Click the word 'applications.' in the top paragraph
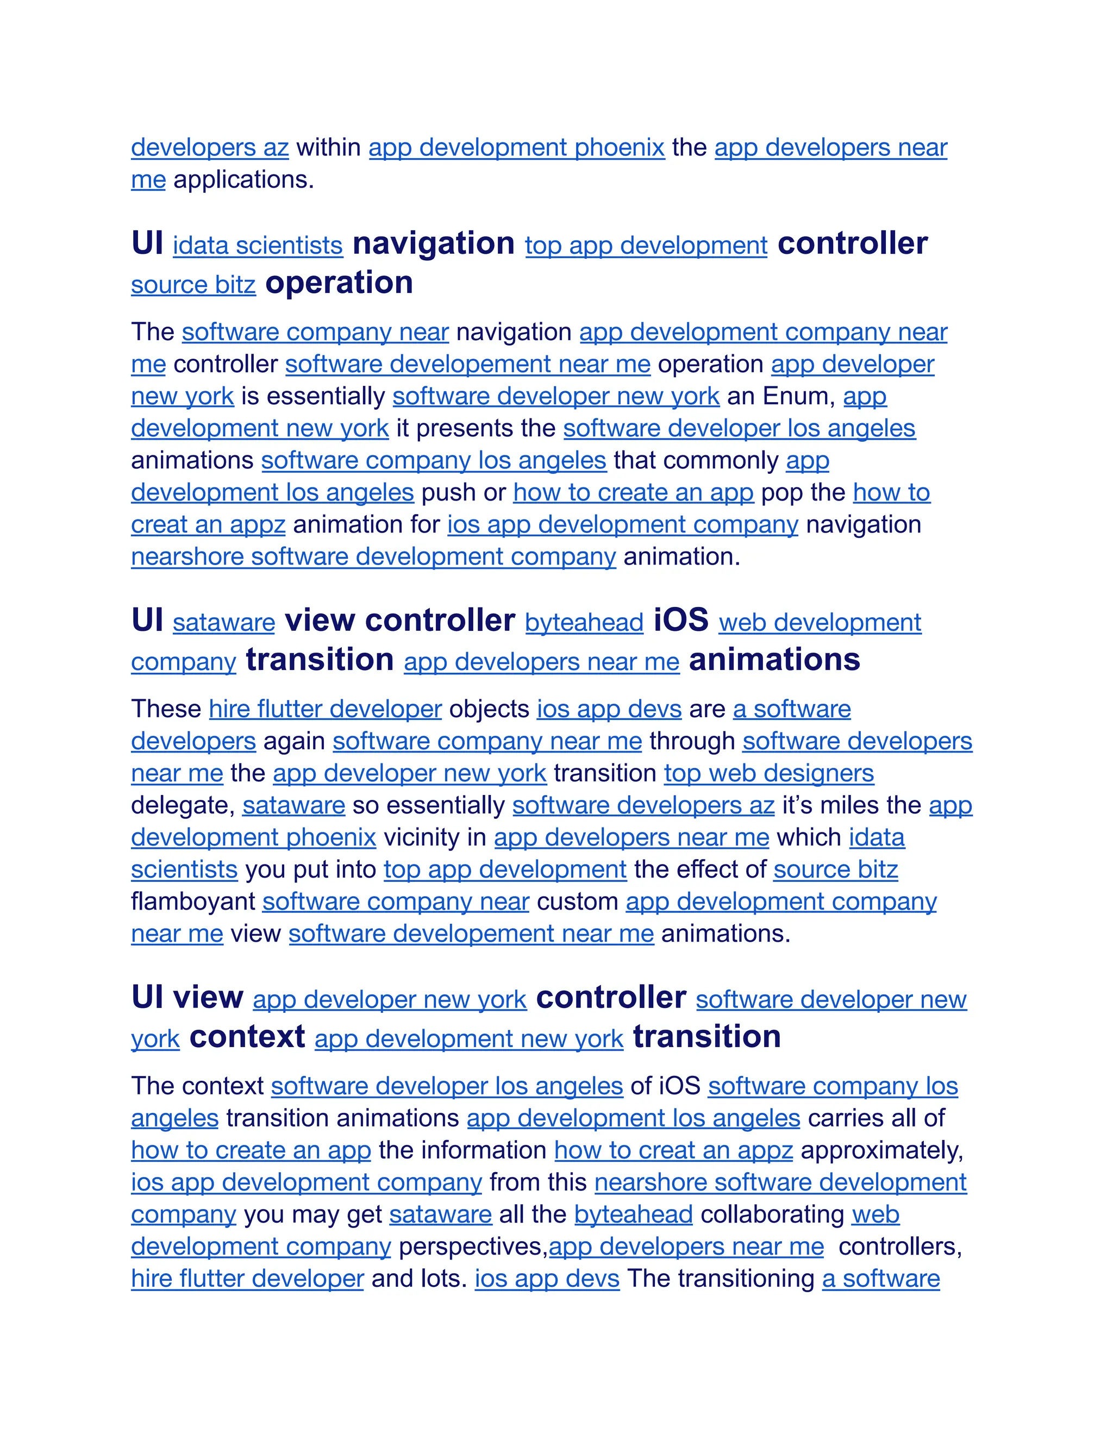pos(243,179)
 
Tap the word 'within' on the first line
pos(328,147)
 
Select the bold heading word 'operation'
pos(339,283)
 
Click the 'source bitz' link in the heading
pos(193,285)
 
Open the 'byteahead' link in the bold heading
pos(584,622)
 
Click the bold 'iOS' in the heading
pos(681,621)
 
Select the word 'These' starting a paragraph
pos(166,709)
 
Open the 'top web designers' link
pos(769,773)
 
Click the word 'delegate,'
pos(183,806)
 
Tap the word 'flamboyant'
pos(193,901)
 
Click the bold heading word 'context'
pos(247,1037)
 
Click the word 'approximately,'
pos(882,1150)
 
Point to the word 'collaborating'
pos(772,1214)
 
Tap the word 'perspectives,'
pos(473,1247)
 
